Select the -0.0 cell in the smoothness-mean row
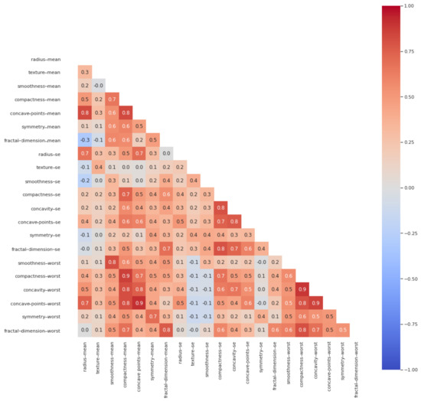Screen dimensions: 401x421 coord(100,86)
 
